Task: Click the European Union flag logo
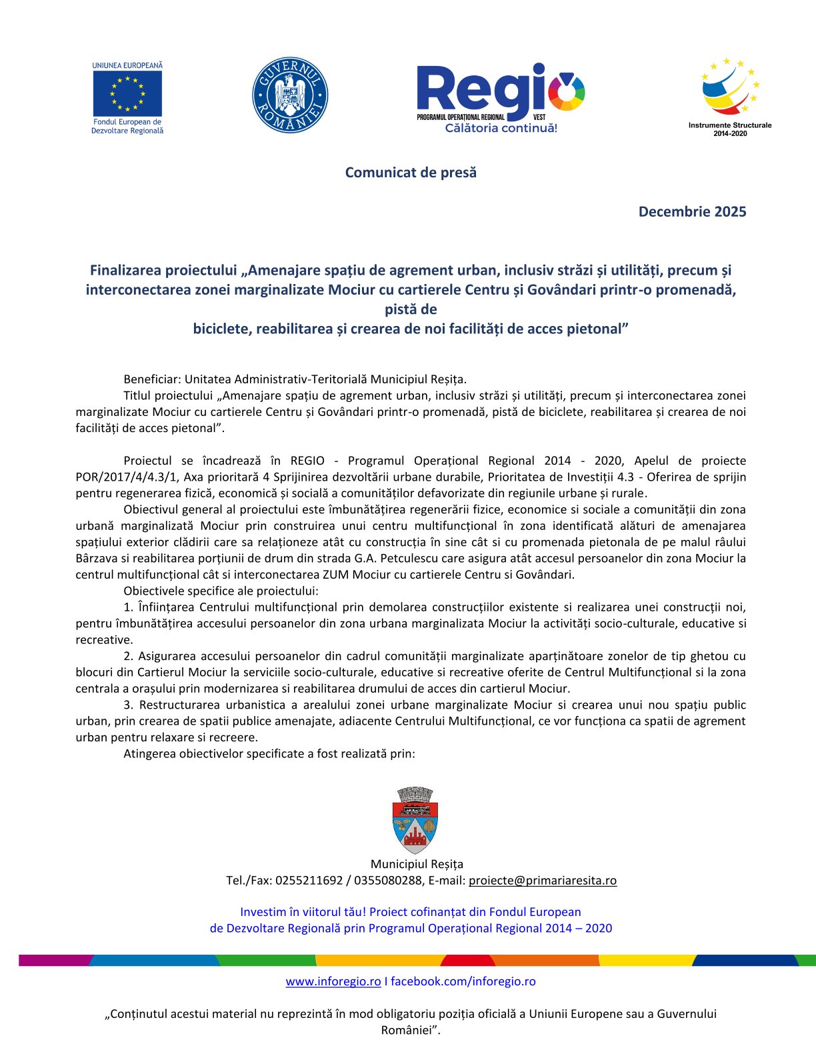click(x=127, y=93)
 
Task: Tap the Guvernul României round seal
click(x=290, y=94)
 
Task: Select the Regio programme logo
click(x=500, y=93)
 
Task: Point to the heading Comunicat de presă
click(x=411, y=172)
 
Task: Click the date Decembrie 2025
click(x=692, y=211)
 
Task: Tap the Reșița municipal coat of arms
click(x=415, y=820)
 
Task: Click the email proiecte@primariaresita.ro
click(x=543, y=880)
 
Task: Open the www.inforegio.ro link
click(x=333, y=981)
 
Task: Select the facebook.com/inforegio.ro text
click(x=463, y=981)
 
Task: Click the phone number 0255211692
click(x=309, y=880)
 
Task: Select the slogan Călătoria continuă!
click(x=501, y=128)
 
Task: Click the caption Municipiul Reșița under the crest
click(x=417, y=864)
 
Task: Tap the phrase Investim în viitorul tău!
click(x=303, y=911)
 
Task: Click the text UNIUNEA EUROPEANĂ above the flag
click(x=127, y=65)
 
